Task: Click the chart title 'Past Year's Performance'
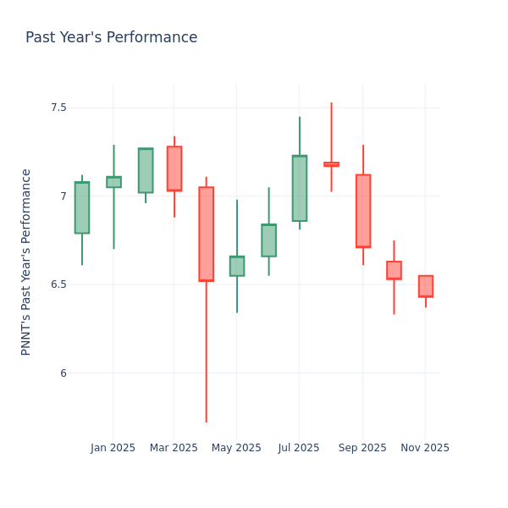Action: [111, 38]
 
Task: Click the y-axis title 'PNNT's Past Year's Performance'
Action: [26, 262]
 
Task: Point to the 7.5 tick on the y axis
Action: [58, 108]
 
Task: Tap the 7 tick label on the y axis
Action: [63, 196]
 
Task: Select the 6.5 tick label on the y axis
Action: [58, 284]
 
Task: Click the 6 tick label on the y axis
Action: [63, 373]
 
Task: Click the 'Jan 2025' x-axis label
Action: [113, 448]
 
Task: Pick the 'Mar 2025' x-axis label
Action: [174, 448]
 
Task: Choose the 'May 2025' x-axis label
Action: [236, 448]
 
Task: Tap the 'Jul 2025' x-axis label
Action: [299, 448]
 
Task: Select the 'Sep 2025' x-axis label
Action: [362, 448]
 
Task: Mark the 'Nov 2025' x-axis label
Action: [425, 448]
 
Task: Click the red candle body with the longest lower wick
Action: [206, 234]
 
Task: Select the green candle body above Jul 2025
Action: [300, 188]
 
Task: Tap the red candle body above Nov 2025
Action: [425, 286]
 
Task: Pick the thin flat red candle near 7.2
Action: [331, 164]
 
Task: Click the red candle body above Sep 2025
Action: [362, 211]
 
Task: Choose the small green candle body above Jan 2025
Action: [113, 182]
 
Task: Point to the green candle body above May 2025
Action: [237, 266]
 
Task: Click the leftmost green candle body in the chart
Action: [81, 207]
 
